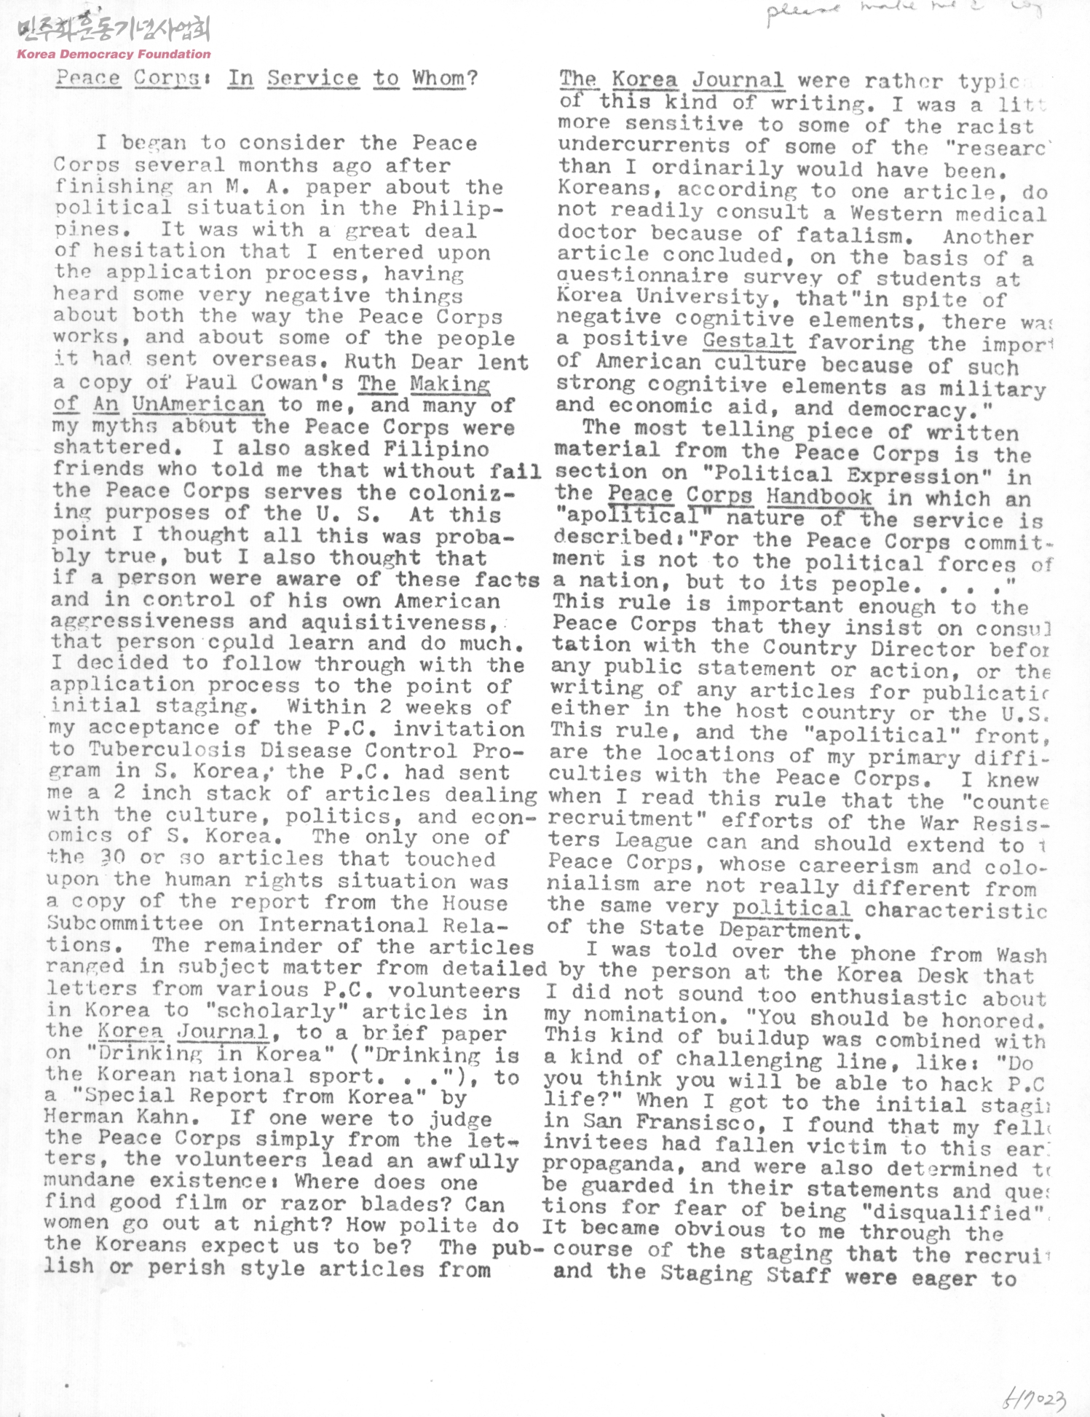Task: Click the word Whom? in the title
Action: click(x=445, y=77)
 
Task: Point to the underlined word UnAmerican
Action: click(x=198, y=404)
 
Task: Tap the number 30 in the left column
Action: click(x=112, y=858)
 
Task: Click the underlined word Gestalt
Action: click(x=748, y=341)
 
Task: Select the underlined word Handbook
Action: click(x=819, y=497)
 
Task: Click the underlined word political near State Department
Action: click(x=791, y=908)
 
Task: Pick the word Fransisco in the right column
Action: click(x=702, y=1122)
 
